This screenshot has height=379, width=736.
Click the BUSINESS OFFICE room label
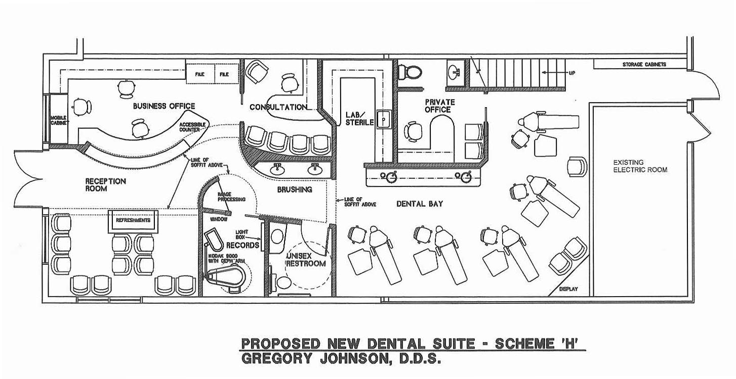click(x=163, y=106)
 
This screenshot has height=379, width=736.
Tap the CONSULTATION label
click(x=278, y=107)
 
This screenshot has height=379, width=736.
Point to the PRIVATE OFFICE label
click(x=439, y=106)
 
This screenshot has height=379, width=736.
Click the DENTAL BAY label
click(x=420, y=204)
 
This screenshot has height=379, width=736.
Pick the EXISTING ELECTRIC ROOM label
click(x=640, y=166)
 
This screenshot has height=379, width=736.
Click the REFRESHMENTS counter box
click(x=133, y=221)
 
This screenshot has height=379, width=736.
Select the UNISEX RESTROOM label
click(x=305, y=260)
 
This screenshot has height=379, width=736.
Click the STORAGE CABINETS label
click(x=644, y=65)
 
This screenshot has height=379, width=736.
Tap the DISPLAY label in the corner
click(x=568, y=290)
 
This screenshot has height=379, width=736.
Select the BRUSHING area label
click(x=294, y=189)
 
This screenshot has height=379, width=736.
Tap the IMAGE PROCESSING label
click(x=231, y=197)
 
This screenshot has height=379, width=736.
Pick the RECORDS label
click(x=242, y=245)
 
